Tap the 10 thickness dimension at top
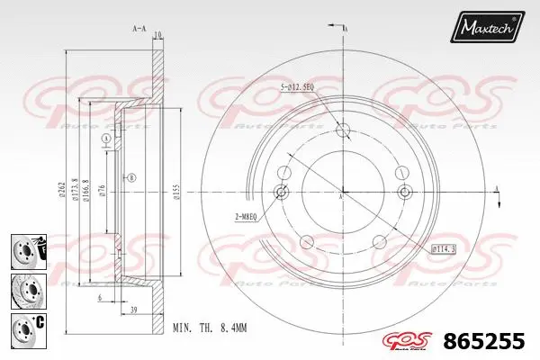click(x=157, y=35)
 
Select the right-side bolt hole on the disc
click(x=402, y=192)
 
